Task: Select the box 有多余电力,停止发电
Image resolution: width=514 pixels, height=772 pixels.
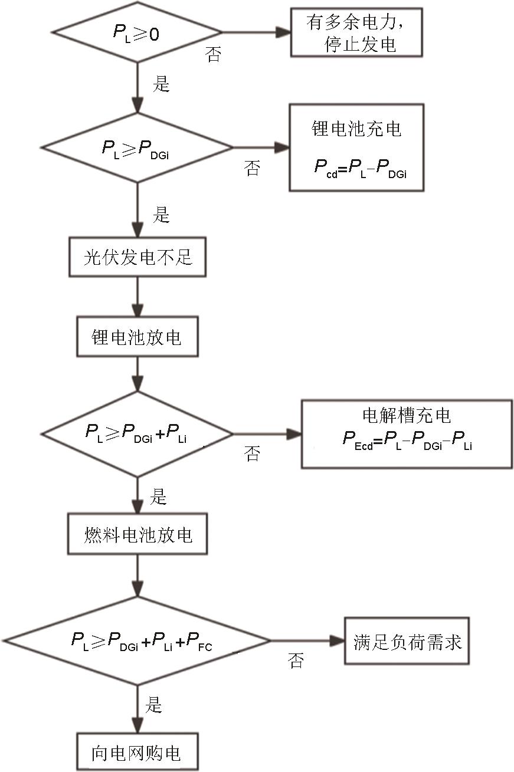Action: tap(356, 32)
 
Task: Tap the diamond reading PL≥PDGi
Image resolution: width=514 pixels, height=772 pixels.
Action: tap(137, 147)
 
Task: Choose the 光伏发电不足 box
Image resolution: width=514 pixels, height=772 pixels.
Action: tap(137, 257)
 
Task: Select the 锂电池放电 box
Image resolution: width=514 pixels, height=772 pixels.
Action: tap(137, 337)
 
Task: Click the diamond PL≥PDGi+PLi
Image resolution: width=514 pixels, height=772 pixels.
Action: tap(137, 433)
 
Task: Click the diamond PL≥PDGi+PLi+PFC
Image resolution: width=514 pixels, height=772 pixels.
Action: tap(137, 640)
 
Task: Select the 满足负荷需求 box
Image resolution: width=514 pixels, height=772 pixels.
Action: tap(407, 641)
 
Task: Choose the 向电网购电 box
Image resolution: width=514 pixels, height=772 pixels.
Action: tap(136, 752)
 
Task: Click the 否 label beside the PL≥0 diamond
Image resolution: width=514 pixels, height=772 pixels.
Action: tap(213, 55)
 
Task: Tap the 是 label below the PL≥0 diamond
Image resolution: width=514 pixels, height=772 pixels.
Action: tap(161, 84)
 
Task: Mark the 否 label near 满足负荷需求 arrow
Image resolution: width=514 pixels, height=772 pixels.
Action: tap(296, 661)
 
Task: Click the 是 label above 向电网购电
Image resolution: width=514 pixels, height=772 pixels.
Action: tap(153, 705)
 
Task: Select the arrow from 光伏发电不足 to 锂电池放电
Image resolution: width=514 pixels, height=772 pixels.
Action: tap(137, 297)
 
